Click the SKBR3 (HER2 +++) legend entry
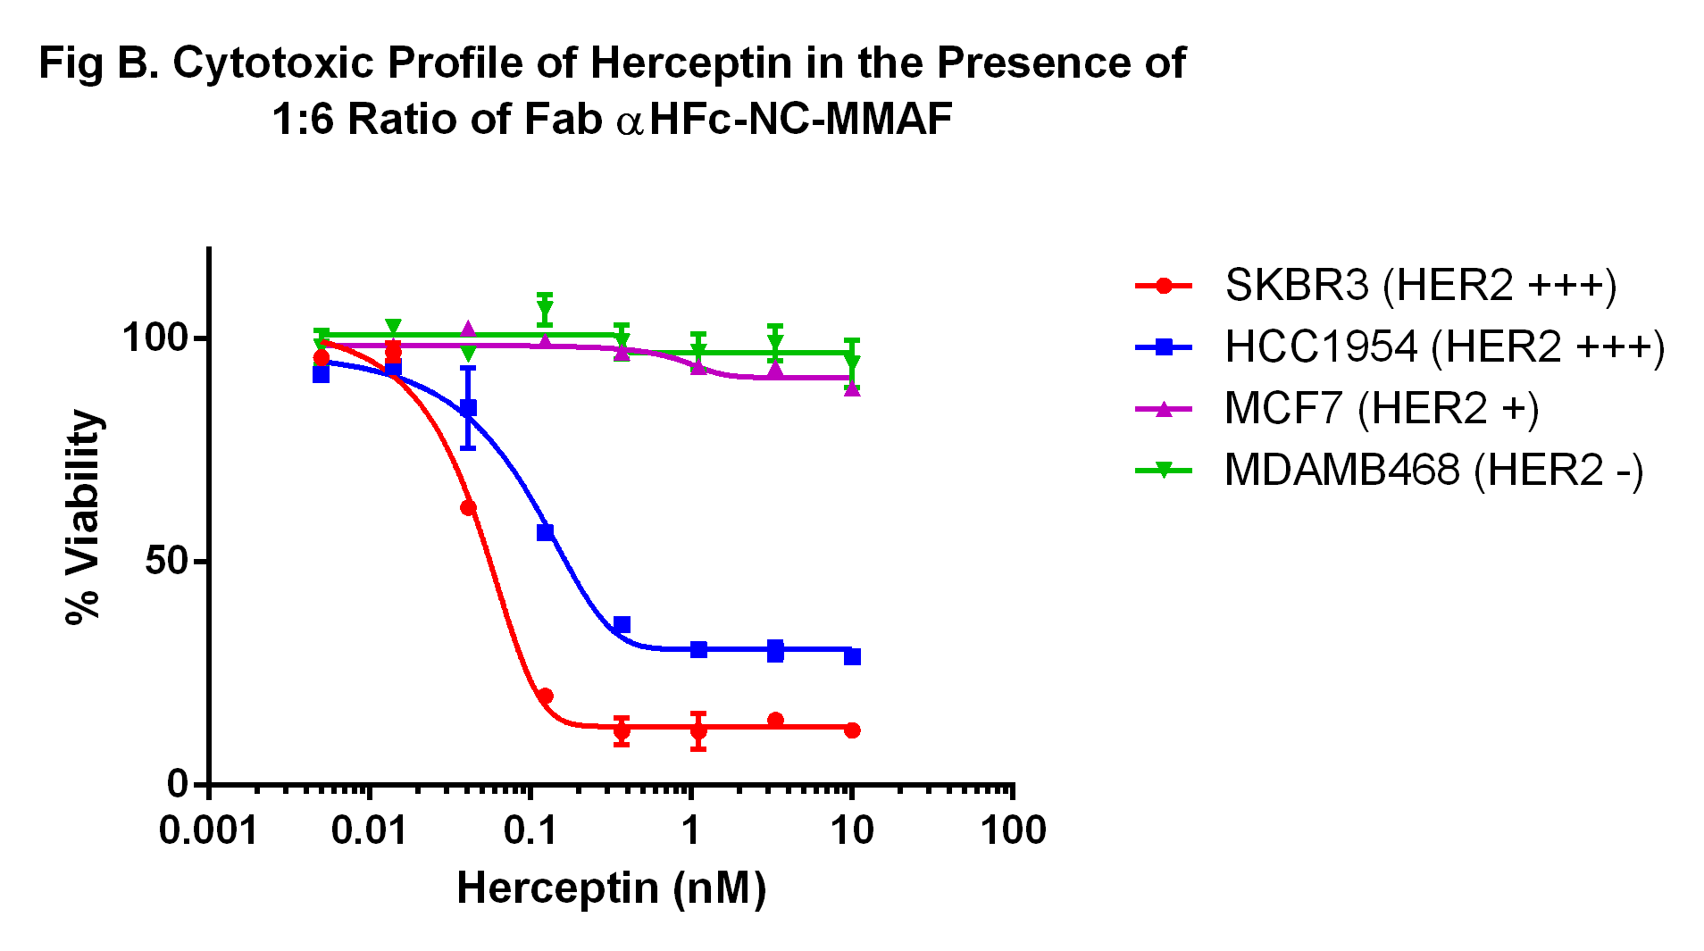pos(1420,286)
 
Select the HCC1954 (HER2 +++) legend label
pos(1444,347)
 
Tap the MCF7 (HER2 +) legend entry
pos(1381,409)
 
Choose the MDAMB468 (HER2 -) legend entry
pos(1433,471)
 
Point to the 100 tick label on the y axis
pos(155,338)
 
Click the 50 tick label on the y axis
pos(167,562)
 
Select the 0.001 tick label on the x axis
pos(208,831)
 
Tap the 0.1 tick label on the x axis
pos(530,831)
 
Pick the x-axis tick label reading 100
pos(1013,831)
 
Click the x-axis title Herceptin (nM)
pos(611,888)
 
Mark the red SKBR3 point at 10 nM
pos(852,730)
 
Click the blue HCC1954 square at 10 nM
pos(852,657)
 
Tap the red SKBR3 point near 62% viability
pos(468,508)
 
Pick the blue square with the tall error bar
pos(468,408)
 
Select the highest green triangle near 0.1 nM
pos(545,310)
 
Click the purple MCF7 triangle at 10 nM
pos(852,388)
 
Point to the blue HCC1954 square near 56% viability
pos(545,532)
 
